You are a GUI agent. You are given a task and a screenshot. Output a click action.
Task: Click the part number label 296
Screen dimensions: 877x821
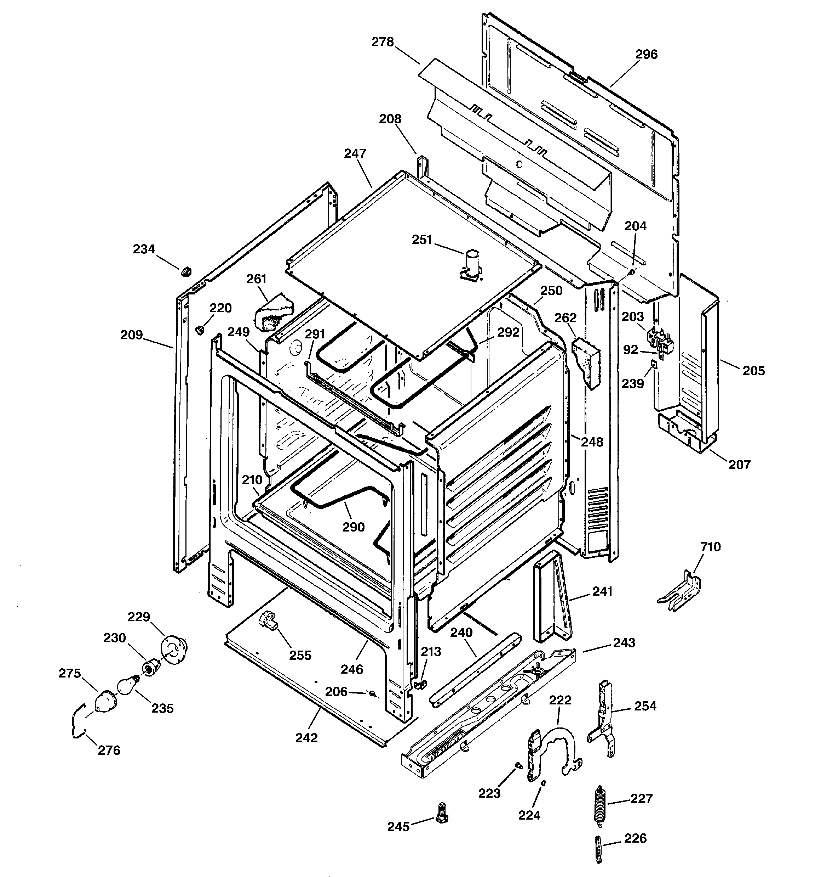pos(646,54)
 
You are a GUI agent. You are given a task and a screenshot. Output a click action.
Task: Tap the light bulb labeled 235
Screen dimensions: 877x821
pos(127,686)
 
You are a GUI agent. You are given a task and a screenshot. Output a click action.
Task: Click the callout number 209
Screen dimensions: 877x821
pos(132,335)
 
